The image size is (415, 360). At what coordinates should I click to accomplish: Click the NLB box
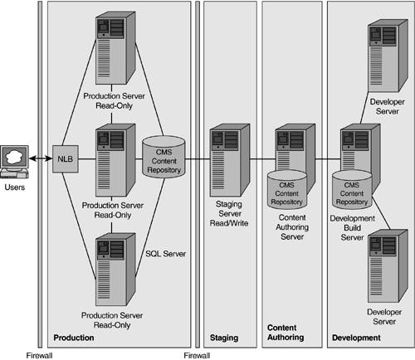point(66,159)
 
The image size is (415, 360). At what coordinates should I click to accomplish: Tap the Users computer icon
point(14,162)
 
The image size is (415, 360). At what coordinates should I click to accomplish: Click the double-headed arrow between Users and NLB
point(41,158)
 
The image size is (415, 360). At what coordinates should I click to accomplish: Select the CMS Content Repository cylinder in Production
point(164,157)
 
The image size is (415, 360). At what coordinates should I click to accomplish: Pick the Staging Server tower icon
point(230,160)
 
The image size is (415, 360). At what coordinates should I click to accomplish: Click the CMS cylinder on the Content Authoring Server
point(287,190)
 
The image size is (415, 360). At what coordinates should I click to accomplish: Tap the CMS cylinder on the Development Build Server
point(352,190)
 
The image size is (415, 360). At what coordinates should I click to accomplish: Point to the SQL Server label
point(165,254)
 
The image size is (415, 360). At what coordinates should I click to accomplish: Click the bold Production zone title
point(74,338)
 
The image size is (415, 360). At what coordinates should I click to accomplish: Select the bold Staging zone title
point(224,338)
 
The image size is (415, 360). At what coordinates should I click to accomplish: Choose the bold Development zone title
point(356,338)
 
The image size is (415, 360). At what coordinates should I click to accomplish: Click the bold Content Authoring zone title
point(286,333)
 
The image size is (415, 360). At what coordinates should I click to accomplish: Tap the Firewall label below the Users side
point(39,355)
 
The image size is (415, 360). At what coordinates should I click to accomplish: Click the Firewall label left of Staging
point(197,355)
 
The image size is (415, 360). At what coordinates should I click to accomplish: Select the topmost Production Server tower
point(115,48)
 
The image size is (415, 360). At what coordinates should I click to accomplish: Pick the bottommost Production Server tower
point(115,270)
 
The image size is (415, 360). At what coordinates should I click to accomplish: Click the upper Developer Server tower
point(388,56)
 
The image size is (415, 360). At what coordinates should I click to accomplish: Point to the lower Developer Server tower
point(388,265)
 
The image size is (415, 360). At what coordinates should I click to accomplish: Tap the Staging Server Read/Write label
point(229,213)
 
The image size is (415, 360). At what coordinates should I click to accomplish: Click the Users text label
point(15,187)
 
